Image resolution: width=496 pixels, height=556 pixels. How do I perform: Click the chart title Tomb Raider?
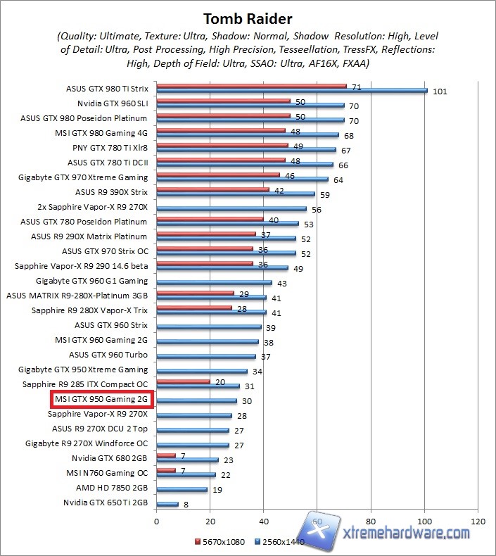[x=248, y=18]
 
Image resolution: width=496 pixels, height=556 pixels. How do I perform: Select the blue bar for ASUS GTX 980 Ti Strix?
[x=292, y=91]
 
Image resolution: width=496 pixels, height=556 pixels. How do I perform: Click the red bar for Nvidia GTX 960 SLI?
[x=223, y=101]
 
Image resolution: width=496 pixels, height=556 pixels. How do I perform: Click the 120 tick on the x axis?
[x=478, y=522]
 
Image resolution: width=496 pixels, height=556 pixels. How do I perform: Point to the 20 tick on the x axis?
[x=210, y=522]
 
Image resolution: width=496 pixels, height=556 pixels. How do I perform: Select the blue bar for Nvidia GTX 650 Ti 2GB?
[x=167, y=504]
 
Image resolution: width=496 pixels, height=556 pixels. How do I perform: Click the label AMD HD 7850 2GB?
[x=112, y=487]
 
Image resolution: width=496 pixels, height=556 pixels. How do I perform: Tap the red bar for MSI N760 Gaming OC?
[x=166, y=470]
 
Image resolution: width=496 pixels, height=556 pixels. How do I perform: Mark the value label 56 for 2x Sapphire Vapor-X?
[x=316, y=210]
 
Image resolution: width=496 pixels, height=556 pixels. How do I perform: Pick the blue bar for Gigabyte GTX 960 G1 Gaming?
[x=214, y=283]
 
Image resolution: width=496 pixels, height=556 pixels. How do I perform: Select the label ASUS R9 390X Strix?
[x=111, y=191]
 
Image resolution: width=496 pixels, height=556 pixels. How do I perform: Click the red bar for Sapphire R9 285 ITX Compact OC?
[x=183, y=382]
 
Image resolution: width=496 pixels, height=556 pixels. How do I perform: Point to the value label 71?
[x=357, y=87]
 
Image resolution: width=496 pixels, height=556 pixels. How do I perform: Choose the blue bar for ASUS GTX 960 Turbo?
[x=206, y=357]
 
